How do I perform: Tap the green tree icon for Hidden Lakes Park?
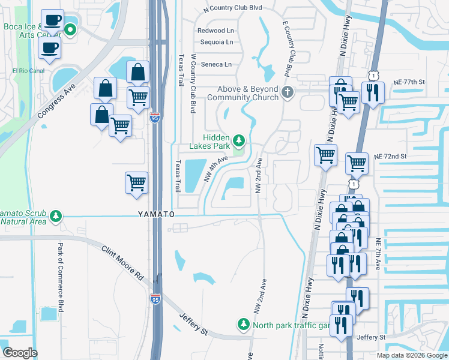[x=239, y=141]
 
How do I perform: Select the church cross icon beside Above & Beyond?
[x=288, y=92]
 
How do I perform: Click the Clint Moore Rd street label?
[x=122, y=263]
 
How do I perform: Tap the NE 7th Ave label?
[x=379, y=255]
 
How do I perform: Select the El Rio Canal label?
[x=28, y=71]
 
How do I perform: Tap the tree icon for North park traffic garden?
[x=243, y=324]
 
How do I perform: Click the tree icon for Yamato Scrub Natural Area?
[x=56, y=215]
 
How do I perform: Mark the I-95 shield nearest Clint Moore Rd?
[x=155, y=299]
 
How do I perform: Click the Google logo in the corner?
[x=20, y=352]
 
